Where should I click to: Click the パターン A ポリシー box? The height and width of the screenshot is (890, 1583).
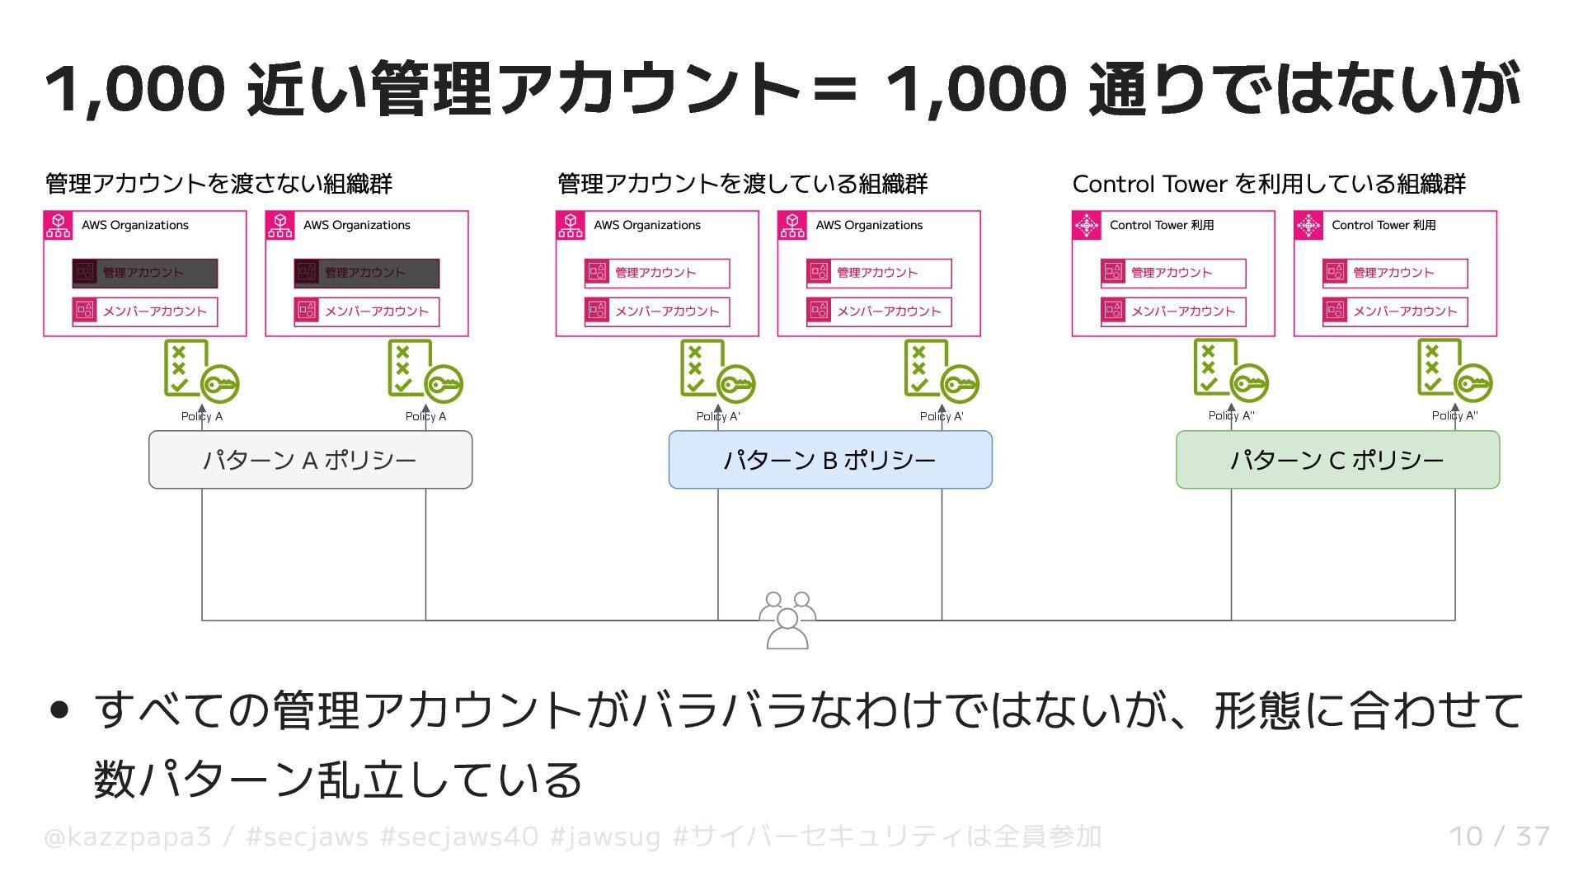click(x=310, y=460)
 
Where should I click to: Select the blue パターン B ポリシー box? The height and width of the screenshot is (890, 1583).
click(x=829, y=460)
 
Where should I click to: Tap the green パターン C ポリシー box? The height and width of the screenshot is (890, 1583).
click(x=1336, y=460)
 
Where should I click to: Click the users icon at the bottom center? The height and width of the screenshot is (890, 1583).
click(x=787, y=620)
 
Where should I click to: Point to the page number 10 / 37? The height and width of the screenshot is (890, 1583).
click(x=1499, y=836)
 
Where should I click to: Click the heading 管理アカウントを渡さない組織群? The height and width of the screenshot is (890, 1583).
click(x=218, y=183)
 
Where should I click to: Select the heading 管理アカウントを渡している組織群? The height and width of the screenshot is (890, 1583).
click(x=742, y=183)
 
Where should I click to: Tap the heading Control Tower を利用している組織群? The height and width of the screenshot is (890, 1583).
click(x=1269, y=183)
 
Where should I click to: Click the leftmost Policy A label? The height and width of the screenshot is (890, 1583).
click(x=202, y=416)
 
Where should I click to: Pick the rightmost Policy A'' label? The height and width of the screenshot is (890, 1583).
click(x=1454, y=415)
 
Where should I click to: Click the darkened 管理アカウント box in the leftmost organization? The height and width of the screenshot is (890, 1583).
click(x=145, y=273)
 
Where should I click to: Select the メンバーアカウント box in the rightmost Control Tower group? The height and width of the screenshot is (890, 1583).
click(x=1395, y=311)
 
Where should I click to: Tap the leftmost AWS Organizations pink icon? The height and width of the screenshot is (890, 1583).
click(x=59, y=226)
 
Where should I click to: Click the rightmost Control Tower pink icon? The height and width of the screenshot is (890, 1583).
click(x=1308, y=226)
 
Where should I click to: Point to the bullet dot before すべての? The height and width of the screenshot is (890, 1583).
click(x=59, y=710)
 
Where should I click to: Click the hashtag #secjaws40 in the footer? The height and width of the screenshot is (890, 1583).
click(x=459, y=836)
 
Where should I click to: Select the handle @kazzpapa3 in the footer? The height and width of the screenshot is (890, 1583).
click(x=128, y=836)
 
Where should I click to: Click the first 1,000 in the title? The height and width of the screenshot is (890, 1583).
click(x=134, y=89)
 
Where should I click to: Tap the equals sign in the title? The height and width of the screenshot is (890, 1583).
click(x=834, y=89)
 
